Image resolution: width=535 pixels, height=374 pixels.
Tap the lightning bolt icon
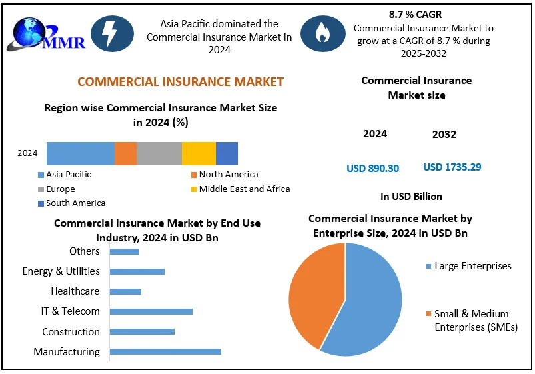[112, 33]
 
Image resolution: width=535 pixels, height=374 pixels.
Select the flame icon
[322, 33]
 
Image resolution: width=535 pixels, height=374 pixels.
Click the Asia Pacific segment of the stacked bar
[81, 153]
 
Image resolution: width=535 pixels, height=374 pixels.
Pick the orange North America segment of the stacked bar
[125, 153]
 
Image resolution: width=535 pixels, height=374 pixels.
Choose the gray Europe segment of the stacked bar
[159, 153]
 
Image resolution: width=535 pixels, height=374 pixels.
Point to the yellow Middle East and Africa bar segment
[199, 153]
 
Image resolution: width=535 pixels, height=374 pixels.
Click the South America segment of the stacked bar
[227, 153]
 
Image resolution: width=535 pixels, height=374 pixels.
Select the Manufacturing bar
[165, 351]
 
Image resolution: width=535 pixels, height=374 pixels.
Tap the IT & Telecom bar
[151, 311]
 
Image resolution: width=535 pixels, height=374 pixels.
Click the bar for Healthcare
[125, 291]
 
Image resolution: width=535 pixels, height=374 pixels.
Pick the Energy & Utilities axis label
[61, 271]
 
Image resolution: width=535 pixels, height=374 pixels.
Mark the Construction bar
[142, 331]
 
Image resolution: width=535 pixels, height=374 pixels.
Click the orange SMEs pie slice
[313, 293]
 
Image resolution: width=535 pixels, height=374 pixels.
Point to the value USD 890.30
[372, 168]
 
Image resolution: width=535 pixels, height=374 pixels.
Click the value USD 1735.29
[452, 167]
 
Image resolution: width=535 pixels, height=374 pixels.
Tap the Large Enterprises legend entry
[472, 266]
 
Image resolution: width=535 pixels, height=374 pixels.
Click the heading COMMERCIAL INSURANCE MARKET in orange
[181, 82]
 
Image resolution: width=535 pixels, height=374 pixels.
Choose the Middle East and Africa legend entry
[244, 189]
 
